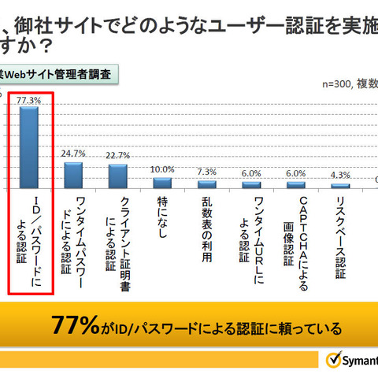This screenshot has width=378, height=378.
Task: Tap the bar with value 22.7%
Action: click(x=118, y=176)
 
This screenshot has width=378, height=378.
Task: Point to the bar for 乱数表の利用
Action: click(x=207, y=184)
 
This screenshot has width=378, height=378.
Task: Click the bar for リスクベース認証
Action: click(x=340, y=186)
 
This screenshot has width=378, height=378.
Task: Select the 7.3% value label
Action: click(x=207, y=172)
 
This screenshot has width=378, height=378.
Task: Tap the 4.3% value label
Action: click(x=340, y=175)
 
